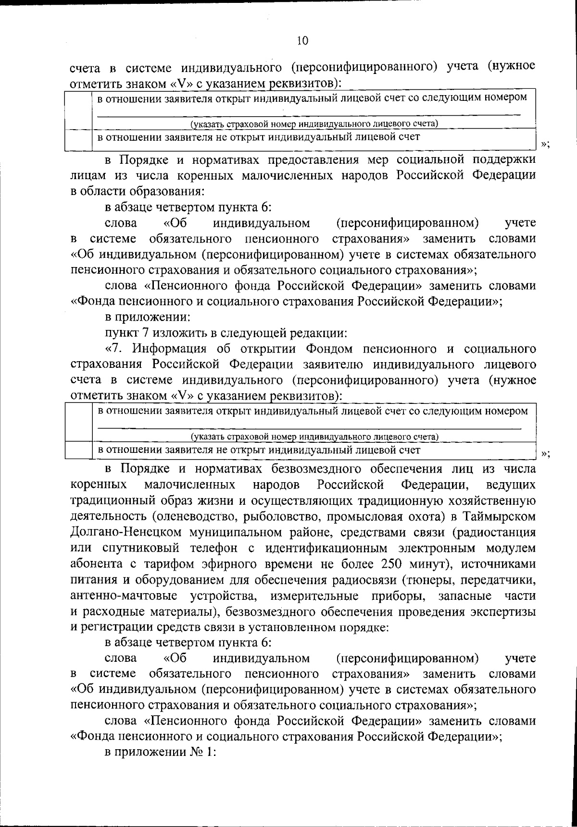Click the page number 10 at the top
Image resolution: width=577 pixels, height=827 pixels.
point(302,41)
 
